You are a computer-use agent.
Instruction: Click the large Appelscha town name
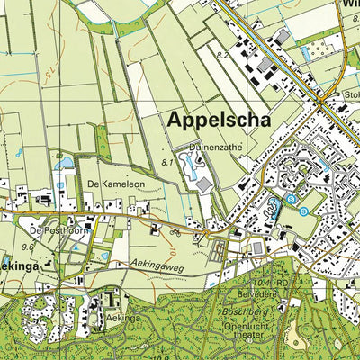217,120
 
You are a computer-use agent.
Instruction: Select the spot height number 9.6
27,246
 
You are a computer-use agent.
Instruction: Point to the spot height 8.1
166,161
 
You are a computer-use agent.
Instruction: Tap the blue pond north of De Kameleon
64,164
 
